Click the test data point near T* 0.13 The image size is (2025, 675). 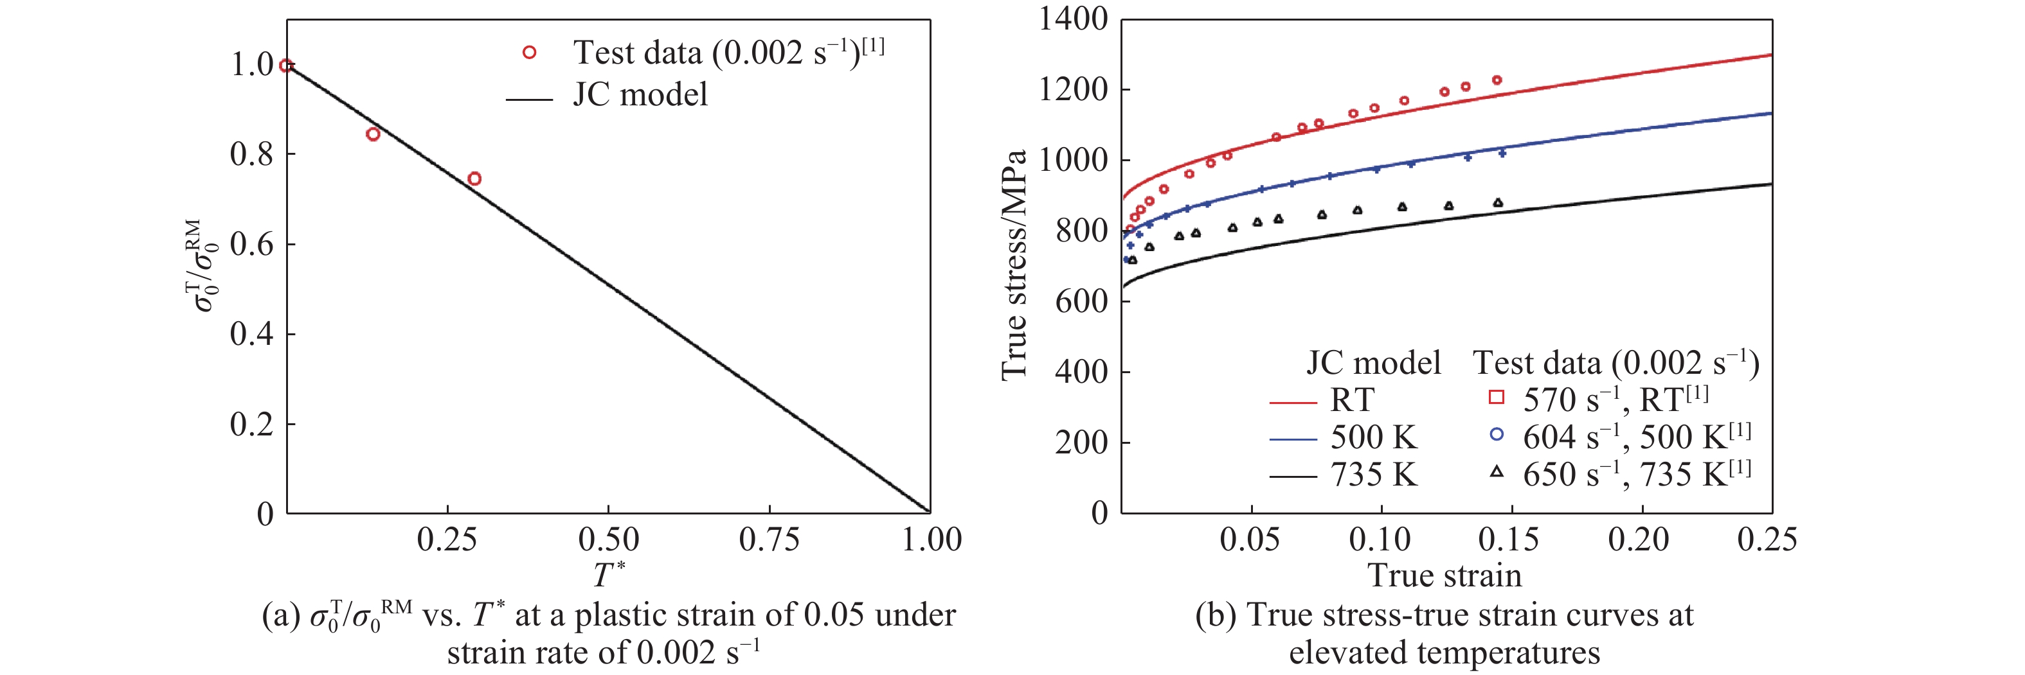point(373,134)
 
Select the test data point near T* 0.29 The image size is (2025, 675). point(474,179)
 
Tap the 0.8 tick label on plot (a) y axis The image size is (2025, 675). point(251,154)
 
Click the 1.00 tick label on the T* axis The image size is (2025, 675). point(932,540)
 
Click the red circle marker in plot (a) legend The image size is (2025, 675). point(529,53)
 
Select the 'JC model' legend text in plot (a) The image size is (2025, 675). point(640,94)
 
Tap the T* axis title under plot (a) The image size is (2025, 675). point(608,574)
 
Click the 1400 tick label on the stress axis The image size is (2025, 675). point(1073,19)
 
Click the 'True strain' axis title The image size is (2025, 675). point(1445,575)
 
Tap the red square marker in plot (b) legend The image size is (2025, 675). point(1497,398)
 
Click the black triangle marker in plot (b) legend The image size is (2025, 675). point(1497,472)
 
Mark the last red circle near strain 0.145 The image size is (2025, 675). point(1497,80)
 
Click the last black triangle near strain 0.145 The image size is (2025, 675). point(1497,203)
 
